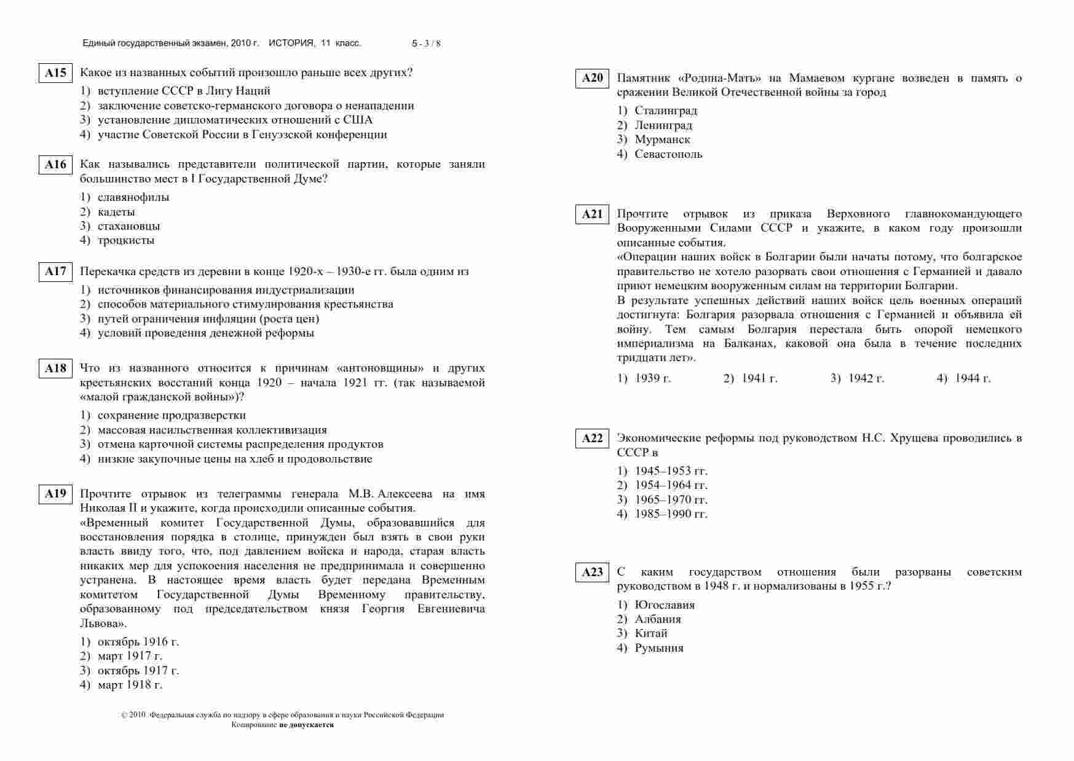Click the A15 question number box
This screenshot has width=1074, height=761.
coord(55,73)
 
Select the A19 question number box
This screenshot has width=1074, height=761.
coord(55,494)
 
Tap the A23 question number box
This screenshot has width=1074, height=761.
coord(592,572)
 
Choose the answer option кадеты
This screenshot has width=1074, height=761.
coord(116,212)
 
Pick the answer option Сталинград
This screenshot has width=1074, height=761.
coord(666,111)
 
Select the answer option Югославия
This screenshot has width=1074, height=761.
coord(665,605)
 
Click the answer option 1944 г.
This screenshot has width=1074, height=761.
coord(972,378)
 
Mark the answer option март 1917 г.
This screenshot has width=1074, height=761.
coord(130,656)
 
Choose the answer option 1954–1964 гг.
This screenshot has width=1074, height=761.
coord(671,485)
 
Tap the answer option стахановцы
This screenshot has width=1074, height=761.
coord(128,226)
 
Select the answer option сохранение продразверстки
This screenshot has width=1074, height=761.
coord(172,415)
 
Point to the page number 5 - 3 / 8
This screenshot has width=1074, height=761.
coord(426,44)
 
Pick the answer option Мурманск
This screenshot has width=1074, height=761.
coord(662,139)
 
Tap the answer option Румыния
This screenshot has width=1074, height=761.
coord(659,648)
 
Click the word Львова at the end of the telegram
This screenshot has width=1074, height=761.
coord(102,623)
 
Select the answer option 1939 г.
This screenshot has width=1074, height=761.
coord(652,378)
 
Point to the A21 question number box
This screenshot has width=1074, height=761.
coord(592,214)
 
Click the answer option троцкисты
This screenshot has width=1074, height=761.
coord(126,240)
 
